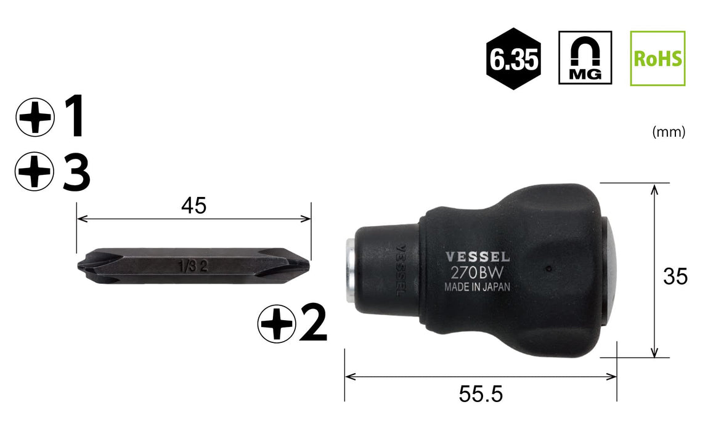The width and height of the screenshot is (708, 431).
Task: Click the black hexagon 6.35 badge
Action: (513, 58)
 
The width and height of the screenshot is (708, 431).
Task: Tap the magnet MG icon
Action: (585, 58)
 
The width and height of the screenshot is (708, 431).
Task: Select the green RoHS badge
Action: (657, 58)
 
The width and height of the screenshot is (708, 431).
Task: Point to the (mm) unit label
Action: (669, 132)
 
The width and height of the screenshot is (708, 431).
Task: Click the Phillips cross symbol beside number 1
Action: (35, 118)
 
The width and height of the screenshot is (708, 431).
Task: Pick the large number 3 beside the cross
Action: (76, 172)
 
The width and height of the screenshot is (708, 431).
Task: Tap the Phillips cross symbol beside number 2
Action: (277, 323)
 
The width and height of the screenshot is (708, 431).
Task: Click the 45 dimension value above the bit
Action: (193, 206)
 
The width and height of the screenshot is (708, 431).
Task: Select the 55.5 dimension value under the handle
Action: (481, 393)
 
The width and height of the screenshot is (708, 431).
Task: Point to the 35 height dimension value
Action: (675, 276)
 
